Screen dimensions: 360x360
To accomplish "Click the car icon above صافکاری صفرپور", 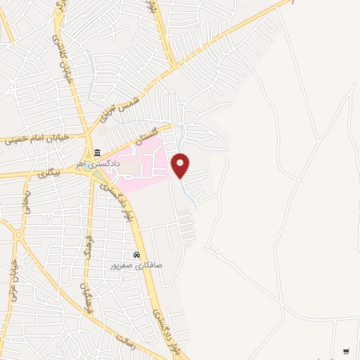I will [x=136, y=255].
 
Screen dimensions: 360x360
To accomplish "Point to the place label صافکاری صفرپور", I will [x=136, y=265].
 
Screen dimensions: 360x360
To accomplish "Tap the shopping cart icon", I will [x=346, y=351].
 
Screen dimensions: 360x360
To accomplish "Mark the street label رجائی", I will [x=27, y=201].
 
